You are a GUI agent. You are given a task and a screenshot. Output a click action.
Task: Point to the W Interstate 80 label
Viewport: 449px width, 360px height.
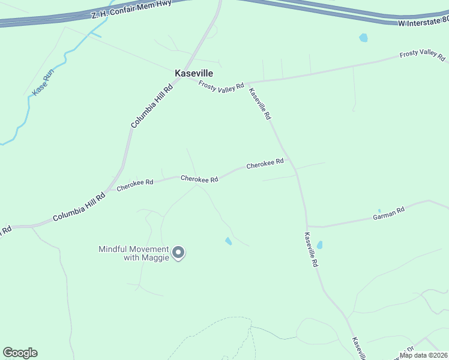click(x=423, y=22)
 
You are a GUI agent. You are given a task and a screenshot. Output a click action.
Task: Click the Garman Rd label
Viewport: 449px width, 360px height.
click(x=389, y=212)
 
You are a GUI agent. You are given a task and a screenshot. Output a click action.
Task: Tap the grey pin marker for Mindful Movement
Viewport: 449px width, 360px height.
click(x=178, y=253)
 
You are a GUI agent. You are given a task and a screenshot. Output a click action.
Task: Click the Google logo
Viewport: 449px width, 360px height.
click(x=20, y=353)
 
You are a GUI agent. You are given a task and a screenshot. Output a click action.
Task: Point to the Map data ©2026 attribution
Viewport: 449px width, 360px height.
click(x=423, y=355)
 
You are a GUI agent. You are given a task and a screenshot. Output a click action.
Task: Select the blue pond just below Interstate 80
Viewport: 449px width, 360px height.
click(x=363, y=38)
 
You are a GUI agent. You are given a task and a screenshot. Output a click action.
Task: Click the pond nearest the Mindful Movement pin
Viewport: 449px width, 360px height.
click(x=228, y=241)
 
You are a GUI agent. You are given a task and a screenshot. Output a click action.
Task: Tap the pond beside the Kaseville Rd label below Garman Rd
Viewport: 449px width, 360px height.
click(x=319, y=245)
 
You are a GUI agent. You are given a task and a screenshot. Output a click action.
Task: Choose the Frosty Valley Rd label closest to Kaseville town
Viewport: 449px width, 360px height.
click(x=221, y=86)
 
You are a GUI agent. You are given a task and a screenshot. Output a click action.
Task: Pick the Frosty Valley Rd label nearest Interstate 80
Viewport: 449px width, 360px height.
click(x=423, y=56)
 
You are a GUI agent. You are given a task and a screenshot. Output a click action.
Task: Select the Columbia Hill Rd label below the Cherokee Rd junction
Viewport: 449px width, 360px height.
click(x=79, y=208)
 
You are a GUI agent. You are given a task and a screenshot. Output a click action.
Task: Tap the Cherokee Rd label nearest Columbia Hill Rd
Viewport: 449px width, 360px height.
click(x=135, y=185)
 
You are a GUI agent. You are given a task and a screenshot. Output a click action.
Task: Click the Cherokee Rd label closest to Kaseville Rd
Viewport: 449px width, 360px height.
click(x=265, y=163)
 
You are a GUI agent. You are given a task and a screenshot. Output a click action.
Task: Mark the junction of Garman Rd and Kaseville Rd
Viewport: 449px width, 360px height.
click(x=307, y=226)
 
